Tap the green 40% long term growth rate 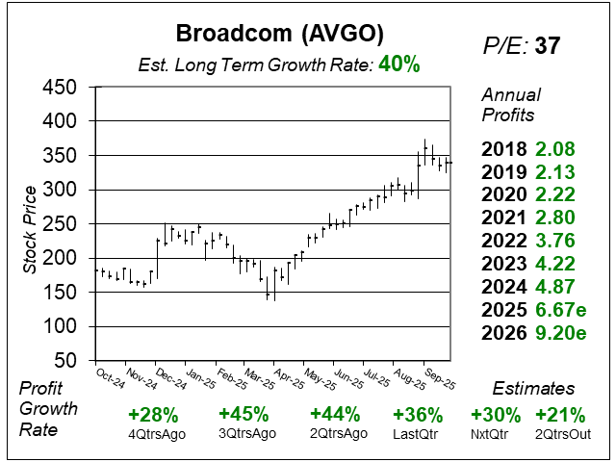tap(398, 64)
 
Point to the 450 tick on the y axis tap(60, 88)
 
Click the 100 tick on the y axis tap(60, 326)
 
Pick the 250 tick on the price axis tap(60, 224)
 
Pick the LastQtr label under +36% tap(419, 435)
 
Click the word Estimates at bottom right tap(533, 388)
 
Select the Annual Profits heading tap(511, 105)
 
